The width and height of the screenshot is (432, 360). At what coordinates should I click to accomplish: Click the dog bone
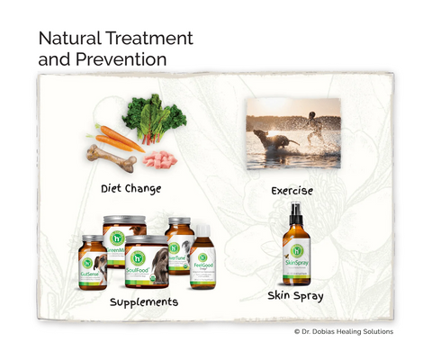point(111,158)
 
